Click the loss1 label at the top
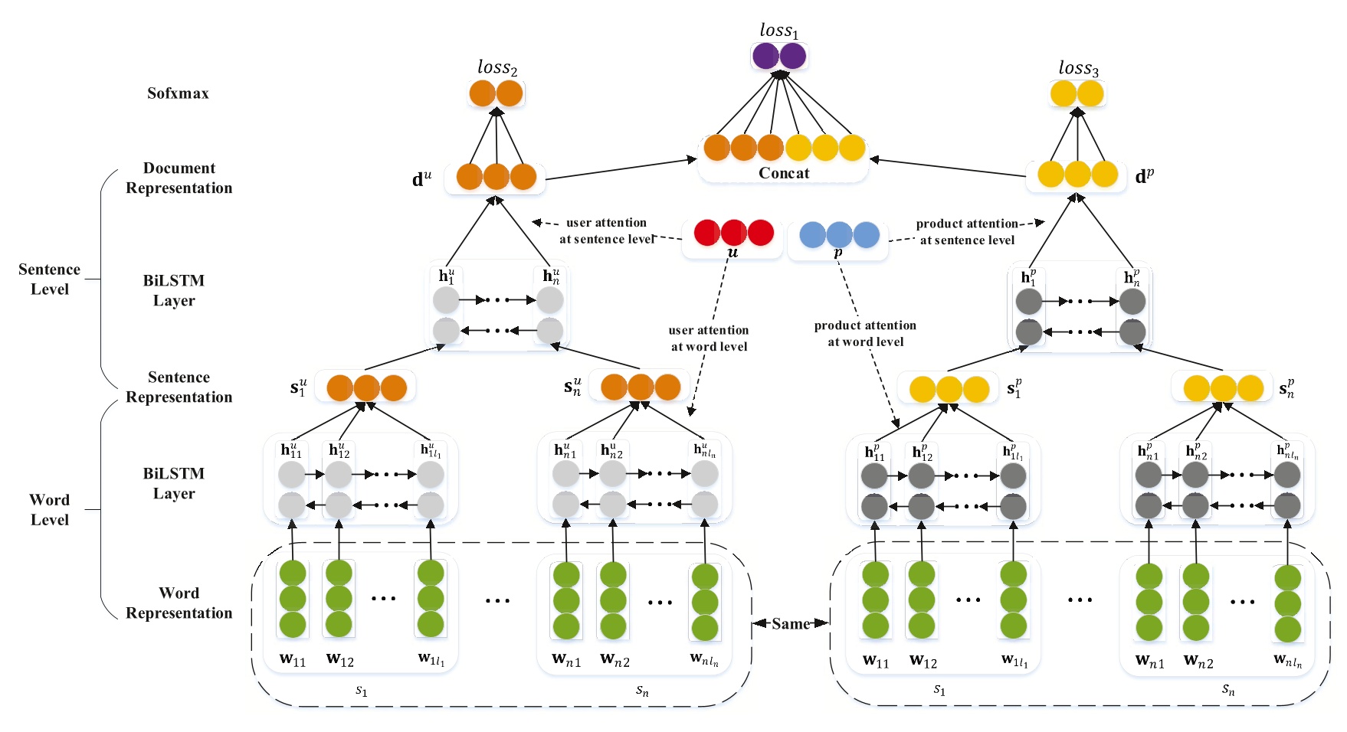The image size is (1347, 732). (x=778, y=31)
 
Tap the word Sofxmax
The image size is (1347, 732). (x=178, y=93)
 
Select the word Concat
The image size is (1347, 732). (x=783, y=173)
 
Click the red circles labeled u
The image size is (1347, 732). (x=733, y=233)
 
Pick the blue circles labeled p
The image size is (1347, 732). (x=839, y=234)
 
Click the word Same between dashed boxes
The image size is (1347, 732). (x=791, y=623)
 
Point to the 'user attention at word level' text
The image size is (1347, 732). (x=709, y=338)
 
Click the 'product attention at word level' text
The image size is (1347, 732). (x=865, y=334)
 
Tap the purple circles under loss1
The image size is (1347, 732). (x=778, y=56)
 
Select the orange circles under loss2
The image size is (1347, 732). (x=496, y=93)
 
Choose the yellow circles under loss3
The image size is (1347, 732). (x=1077, y=94)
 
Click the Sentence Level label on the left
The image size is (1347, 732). (x=49, y=279)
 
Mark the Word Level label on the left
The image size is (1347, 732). (x=49, y=510)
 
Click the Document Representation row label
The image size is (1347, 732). (x=179, y=178)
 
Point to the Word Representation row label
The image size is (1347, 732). (x=179, y=603)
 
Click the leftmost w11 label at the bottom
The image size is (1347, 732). (x=292, y=659)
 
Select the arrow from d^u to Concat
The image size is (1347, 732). (x=621, y=169)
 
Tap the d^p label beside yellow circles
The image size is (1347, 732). (x=1144, y=177)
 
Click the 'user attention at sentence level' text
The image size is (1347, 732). (x=606, y=230)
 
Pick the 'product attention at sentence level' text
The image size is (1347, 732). (x=967, y=232)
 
